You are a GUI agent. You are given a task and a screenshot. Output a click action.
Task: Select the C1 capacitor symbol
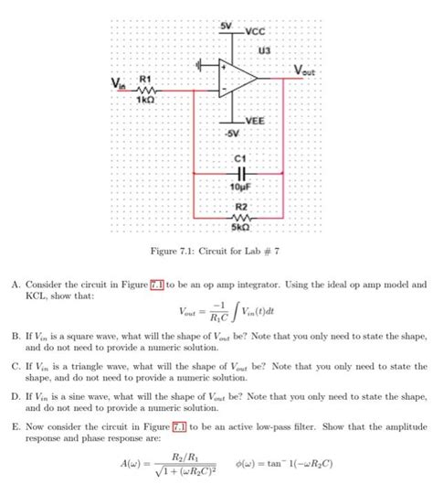[x=242, y=171]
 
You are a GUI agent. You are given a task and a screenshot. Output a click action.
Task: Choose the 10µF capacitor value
[x=242, y=184]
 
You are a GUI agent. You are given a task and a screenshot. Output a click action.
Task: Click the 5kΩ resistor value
[x=242, y=228]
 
